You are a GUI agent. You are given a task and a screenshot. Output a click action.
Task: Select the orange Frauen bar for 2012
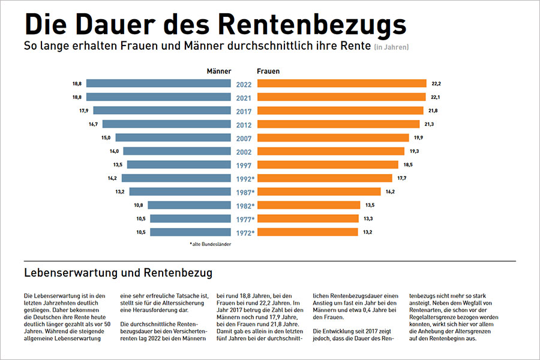pyautogui.click(x=338, y=124)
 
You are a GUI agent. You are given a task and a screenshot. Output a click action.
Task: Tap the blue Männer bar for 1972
pyautogui.click(x=191, y=232)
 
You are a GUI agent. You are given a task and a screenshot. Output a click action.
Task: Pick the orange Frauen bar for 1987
pyautogui.click(x=319, y=191)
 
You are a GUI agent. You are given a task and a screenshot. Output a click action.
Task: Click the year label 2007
pyautogui.click(x=244, y=138)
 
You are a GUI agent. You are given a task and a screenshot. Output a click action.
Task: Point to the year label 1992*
pyautogui.click(x=244, y=178)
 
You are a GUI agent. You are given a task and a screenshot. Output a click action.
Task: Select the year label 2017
pyautogui.click(x=244, y=111)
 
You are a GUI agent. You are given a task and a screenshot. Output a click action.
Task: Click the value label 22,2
pyautogui.click(x=436, y=83)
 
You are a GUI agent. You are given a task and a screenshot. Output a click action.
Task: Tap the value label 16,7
pyautogui.click(x=93, y=124)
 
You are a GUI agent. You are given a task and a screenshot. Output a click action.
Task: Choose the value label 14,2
pyautogui.click(x=112, y=178)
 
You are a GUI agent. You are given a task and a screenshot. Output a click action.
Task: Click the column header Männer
pyautogui.click(x=219, y=71)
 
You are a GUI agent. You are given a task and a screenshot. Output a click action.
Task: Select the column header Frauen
pyautogui.click(x=268, y=71)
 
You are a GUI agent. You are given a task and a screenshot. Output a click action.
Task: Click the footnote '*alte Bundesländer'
pyautogui.click(x=211, y=244)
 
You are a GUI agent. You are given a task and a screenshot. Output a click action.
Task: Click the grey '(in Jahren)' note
pyautogui.click(x=391, y=47)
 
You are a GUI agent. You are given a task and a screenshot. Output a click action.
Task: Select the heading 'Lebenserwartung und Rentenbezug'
pyautogui.click(x=118, y=273)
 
